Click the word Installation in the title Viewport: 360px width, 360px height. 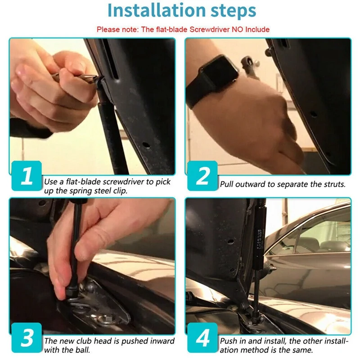pyautogui.click(x=156, y=10)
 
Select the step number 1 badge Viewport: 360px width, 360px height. pyautogui.click(x=27, y=175)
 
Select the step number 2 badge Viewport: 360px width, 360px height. pyautogui.click(x=202, y=175)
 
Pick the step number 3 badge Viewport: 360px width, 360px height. pyautogui.click(x=27, y=337)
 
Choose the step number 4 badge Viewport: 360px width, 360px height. pyautogui.click(x=202, y=337)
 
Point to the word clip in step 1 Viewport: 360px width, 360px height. pyautogui.click(x=120, y=191)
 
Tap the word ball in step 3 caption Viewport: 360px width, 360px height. pyautogui.click(x=83, y=350)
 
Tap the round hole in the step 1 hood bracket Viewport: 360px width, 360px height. pyautogui.click(x=146, y=145)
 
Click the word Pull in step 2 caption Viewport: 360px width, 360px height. pyautogui.click(x=227, y=184)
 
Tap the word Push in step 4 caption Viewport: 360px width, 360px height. pyautogui.click(x=229, y=341)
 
